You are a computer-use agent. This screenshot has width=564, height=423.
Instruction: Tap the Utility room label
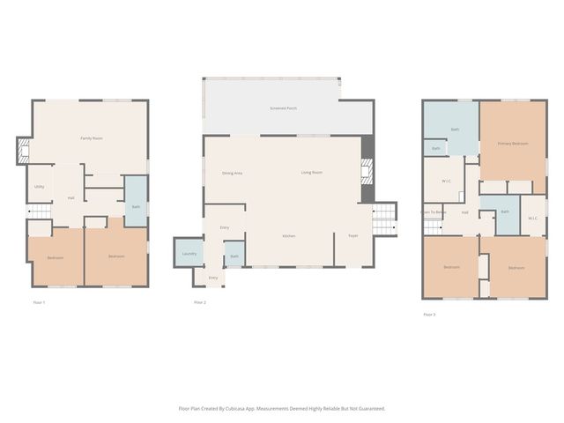pos(40,187)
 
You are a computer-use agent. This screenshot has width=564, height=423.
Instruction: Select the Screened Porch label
pos(283,108)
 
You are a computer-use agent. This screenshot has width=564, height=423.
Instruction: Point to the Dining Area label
pos(233,173)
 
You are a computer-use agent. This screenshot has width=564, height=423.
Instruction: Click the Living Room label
pos(312,173)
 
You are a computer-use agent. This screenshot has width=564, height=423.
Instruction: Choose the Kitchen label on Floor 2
pos(288,236)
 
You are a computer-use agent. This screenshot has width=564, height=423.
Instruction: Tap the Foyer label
pos(352,236)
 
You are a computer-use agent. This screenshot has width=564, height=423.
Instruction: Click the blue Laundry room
pos(189,253)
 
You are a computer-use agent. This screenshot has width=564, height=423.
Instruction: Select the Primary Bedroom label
pos(513,143)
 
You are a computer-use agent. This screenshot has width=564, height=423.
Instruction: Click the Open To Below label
pos(433,212)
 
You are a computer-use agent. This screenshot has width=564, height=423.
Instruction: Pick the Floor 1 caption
pos(39,302)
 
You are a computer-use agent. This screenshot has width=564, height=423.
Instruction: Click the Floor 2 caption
pos(200,302)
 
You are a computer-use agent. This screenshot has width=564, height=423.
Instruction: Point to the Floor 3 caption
pos(429,315)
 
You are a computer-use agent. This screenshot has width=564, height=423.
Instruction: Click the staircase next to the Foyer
pos(383,220)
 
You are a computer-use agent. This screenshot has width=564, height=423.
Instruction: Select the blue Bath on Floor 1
pos(136,206)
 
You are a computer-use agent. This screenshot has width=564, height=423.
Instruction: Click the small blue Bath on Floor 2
pos(234,256)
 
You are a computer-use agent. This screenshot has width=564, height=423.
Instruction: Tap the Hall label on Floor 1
pos(70,197)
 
